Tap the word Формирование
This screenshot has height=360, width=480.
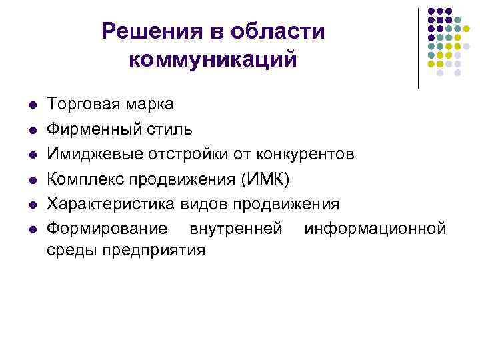[107, 229]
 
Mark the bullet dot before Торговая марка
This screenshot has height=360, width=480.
[32, 105]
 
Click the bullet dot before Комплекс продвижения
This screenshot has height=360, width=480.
[32, 180]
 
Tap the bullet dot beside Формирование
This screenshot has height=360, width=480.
[32, 230]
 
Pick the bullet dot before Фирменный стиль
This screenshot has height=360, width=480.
[32, 130]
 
